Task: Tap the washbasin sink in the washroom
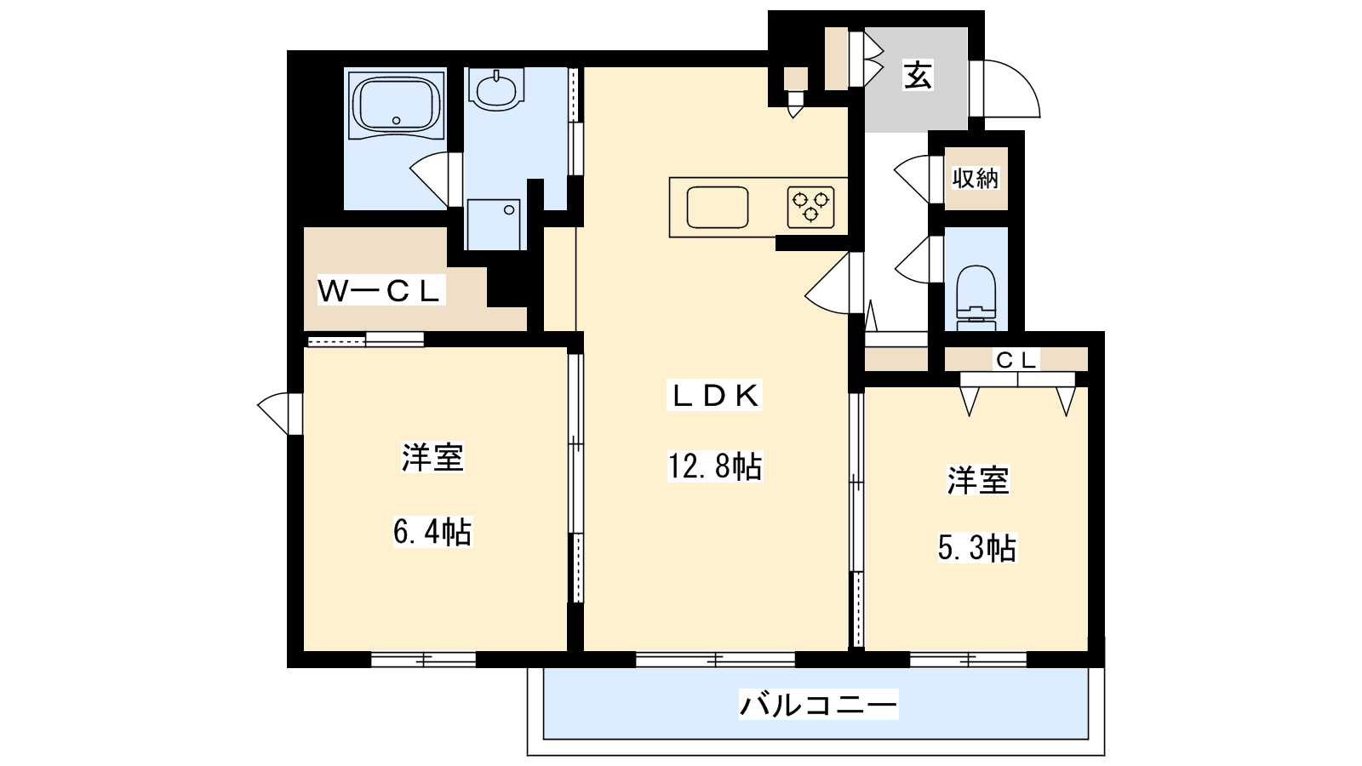(x=497, y=90)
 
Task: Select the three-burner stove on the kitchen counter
(x=810, y=207)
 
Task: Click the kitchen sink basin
(x=718, y=207)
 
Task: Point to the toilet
(x=976, y=297)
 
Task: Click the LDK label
(x=714, y=396)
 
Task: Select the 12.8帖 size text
(x=714, y=467)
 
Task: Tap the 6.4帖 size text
(x=432, y=532)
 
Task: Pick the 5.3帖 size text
(x=977, y=547)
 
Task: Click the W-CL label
(x=380, y=290)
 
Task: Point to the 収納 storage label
(x=976, y=178)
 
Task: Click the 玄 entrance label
(x=918, y=76)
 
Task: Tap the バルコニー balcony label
(x=818, y=706)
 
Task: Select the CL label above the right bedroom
(x=1016, y=361)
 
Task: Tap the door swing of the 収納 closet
(x=911, y=178)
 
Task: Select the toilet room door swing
(x=912, y=260)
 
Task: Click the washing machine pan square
(x=494, y=225)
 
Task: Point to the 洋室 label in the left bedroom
(x=432, y=458)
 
